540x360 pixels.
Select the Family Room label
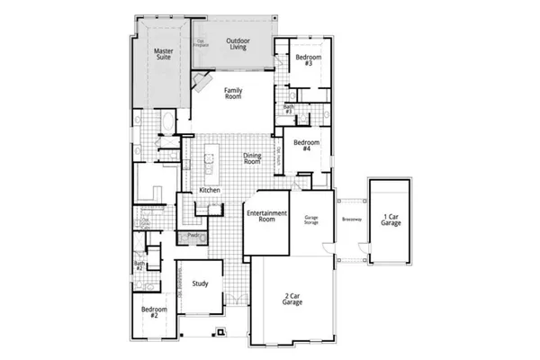click(x=233, y=94)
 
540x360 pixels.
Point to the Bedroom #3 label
click(x=303, y=61)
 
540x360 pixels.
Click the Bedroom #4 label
click(x=306, y=146)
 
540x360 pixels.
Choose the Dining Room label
click(x=252, y=158)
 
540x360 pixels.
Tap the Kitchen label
click(x=210, y=191)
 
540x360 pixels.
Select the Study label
click(x=201, y=284)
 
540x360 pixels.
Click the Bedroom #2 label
click(x=149, y=312)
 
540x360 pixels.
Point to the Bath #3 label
click(x=289, y=108)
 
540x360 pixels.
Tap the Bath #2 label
click(x=139, y=265)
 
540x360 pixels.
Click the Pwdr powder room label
click(x=193, y=236)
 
